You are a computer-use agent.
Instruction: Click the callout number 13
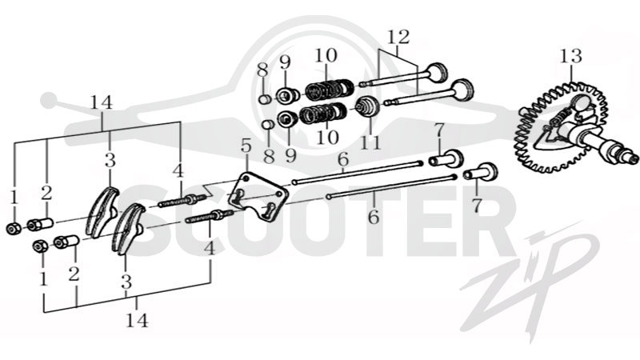click(570, 56)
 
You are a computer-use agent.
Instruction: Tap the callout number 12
click(398, 37)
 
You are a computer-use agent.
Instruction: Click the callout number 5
click(246, 146)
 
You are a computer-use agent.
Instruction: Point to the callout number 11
click(370, 143)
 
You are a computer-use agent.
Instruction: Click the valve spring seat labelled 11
click(367, 107)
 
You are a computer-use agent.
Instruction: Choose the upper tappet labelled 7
click(446, 158)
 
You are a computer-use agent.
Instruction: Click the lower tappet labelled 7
click(481, 171)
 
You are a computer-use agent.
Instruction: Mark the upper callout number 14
click(102, 102)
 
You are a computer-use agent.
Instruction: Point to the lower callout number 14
click(137, 320)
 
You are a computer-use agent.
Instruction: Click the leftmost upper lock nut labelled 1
click(14, 229)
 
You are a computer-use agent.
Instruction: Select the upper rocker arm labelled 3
click(103, 211)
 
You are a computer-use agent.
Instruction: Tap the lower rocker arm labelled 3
click(128, 229)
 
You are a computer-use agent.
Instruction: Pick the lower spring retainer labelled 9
click(287, 119)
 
